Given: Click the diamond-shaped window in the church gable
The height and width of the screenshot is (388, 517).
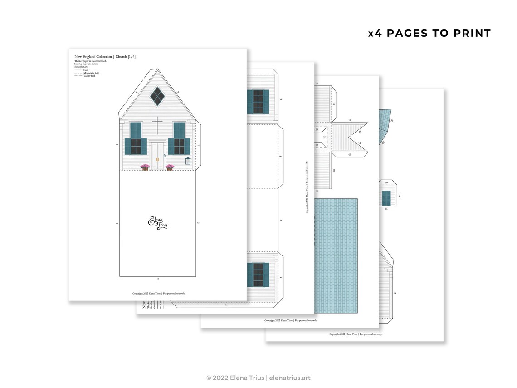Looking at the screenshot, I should [x=157, y=96].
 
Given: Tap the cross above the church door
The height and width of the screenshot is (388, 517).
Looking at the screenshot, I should [x=157, y=125].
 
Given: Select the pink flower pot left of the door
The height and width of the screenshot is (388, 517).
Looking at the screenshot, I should [x=145, y=167].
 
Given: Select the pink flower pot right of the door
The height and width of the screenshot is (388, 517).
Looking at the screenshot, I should [x=170, y=167].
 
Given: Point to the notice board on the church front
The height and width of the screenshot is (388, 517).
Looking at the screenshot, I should [x=188, y=161].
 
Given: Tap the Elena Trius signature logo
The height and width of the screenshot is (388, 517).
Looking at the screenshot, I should [x=158, y=223].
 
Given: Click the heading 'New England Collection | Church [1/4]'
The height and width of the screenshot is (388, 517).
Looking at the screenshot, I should [x=105, y=57].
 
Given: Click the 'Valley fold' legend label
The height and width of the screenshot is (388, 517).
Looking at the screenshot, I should [x=84, y=76].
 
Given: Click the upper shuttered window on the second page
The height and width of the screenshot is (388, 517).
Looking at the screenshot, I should [x=258, y=102].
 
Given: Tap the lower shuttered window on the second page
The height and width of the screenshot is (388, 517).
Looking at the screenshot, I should [x=258, y=275].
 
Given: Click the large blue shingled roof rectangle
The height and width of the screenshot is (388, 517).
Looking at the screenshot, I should [x=336, y=255].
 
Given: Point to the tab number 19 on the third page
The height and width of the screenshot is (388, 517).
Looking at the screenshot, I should [x=350, y=120].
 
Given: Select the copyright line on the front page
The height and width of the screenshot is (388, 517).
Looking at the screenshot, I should [x=159, y=293].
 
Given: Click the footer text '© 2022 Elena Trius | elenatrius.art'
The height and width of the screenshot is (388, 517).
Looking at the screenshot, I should [x=258, y=378].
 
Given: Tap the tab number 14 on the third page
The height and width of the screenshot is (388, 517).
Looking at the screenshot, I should [x=317, y=83].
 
